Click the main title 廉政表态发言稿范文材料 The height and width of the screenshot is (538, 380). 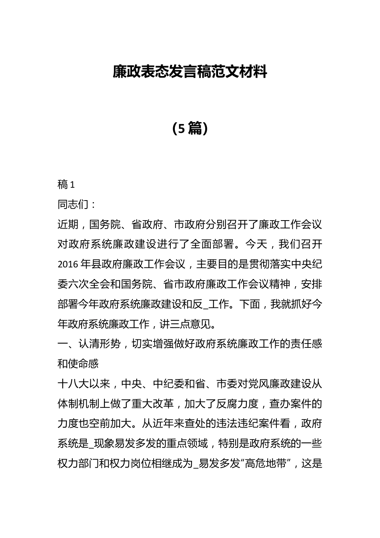pyautogui.click(x=190, y=72)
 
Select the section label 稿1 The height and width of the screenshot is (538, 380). pyautogui.click(x=66, y=185)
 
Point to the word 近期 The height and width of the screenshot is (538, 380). pyautogui.click(x=68, y=225)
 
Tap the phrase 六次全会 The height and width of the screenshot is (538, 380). pyautogui.click(x=89, y=285)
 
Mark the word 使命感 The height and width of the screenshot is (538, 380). pyautogui.click(x=84, y=364)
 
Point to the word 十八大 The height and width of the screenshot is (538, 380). pyautogui.click(x=73, y=384)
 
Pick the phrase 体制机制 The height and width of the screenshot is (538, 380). pyautogui.click(x=78, y=404)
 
